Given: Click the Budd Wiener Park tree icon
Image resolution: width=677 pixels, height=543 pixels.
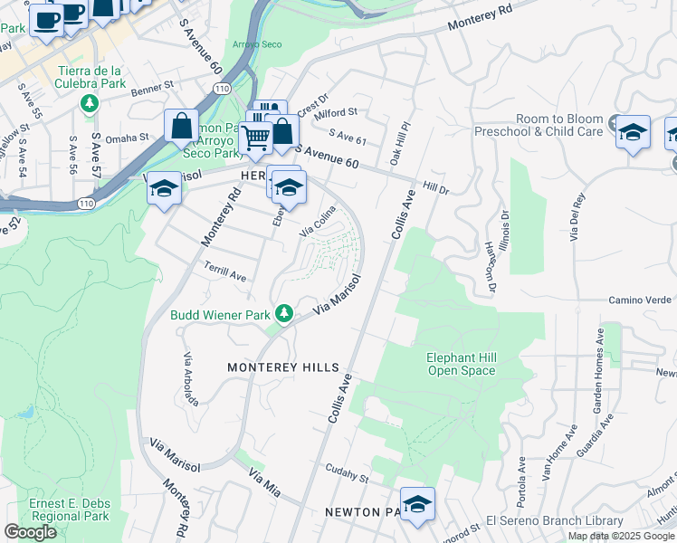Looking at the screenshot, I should click(284, 313).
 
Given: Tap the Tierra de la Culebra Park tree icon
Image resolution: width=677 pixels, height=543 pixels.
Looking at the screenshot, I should click(89, 102).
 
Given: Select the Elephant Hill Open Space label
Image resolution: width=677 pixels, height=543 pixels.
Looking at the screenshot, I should click(461, 364).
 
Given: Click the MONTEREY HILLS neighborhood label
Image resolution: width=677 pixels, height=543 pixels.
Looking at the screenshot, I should click(282, 367).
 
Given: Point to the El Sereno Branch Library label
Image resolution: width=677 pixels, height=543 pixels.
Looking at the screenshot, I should click(554, 520).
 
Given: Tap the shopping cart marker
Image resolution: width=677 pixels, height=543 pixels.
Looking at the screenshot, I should click(256, 138).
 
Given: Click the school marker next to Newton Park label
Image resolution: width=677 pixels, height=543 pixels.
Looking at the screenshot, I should click(417, 504).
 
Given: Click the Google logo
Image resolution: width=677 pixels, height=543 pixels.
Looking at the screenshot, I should click(30, 531).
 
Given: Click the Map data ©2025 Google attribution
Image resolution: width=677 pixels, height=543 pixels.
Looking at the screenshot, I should click(620, 535).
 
